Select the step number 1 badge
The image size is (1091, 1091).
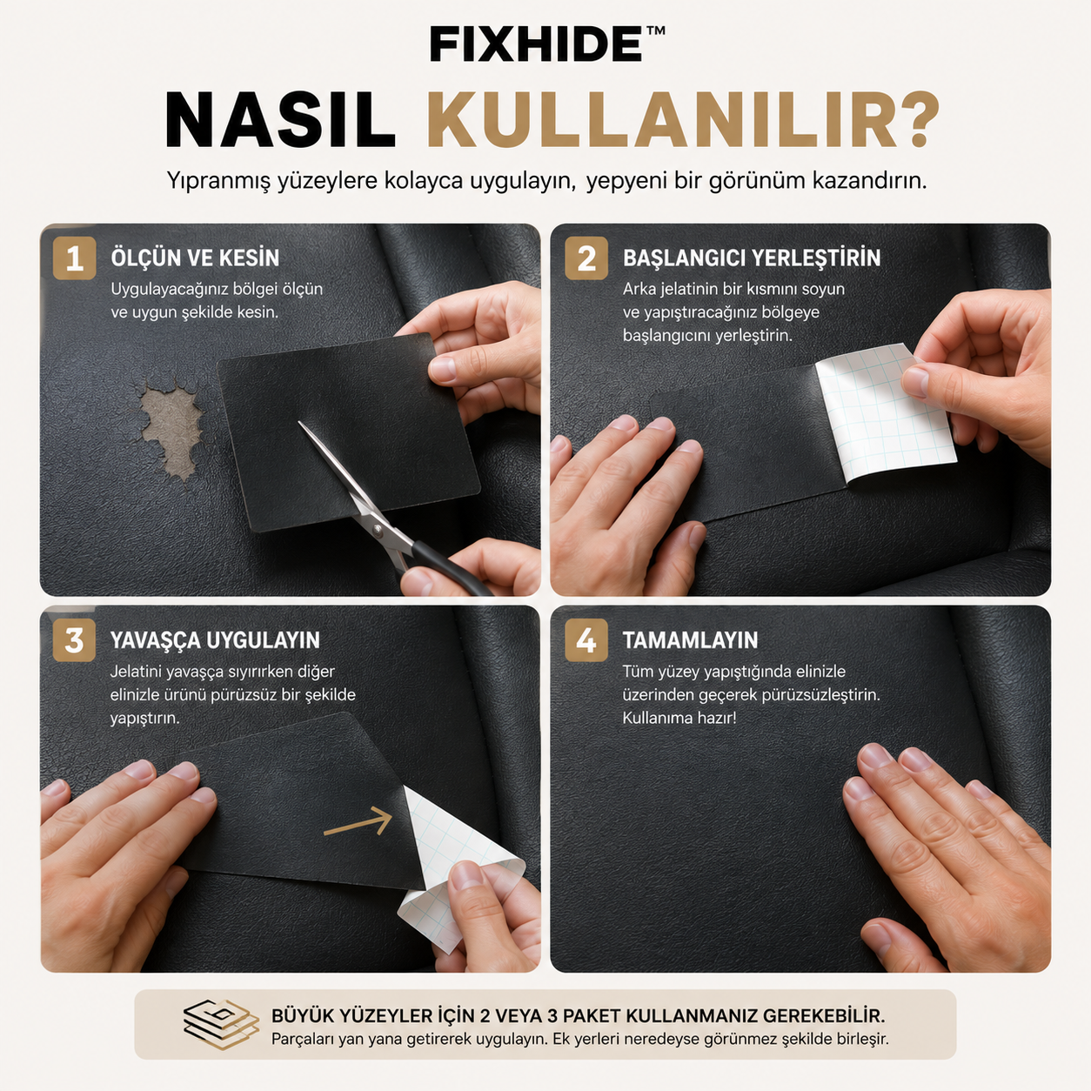(x=74, y=258)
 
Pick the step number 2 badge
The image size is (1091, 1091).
(x=586, y=258)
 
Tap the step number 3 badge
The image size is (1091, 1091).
(x=74, y=640)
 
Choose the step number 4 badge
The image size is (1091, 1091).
(x=586, y=640)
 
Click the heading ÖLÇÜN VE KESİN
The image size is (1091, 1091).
(x=195, y=258)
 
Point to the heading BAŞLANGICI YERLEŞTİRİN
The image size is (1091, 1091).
(x=752, y=258)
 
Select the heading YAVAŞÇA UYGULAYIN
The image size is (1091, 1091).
(x=215, y=640)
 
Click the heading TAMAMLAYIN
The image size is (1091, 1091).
(x=690, y=640)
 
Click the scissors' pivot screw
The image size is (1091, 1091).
(x=378, y=529)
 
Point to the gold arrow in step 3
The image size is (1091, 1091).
(x=358, y=822)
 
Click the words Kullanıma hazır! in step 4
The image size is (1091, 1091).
(x=679, y=719)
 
